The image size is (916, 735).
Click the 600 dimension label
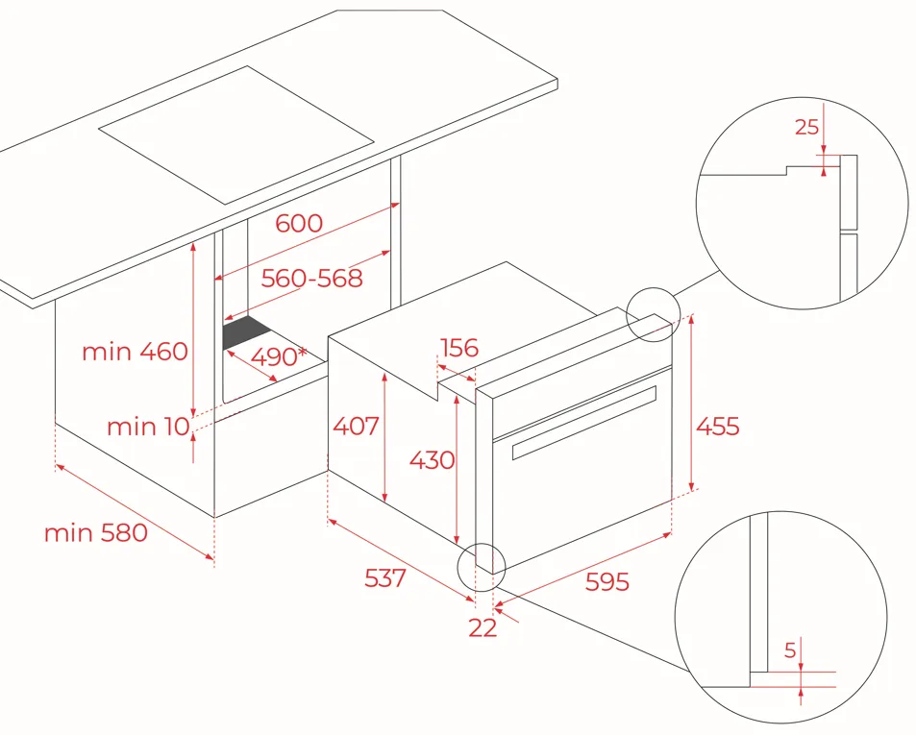299,223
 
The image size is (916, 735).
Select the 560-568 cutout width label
311,279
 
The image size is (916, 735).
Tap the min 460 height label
135,352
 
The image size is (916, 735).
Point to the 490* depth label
279,356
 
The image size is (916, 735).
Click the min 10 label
148,427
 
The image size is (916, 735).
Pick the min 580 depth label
96,532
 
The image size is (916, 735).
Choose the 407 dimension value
356,427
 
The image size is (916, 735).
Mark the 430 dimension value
432,460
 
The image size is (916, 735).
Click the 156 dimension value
459,348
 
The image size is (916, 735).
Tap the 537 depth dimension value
385,578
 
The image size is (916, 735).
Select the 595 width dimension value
607,581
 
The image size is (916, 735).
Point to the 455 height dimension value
718,427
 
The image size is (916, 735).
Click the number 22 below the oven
483,627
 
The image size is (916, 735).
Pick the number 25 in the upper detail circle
806,127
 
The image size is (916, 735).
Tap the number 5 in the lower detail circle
790,649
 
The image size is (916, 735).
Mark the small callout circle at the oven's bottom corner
482,567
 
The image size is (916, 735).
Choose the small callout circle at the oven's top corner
653,315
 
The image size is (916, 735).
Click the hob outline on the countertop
236,135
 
